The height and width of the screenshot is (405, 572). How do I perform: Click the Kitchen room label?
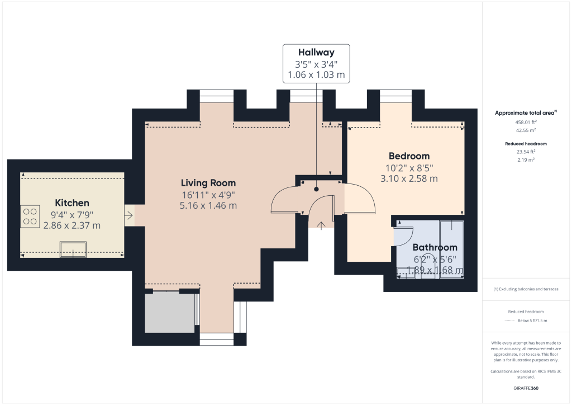point(72,202)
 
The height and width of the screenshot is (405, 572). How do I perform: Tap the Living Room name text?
point(208,183)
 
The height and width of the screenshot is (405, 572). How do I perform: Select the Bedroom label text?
point(409,156)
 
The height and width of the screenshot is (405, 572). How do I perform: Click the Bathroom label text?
point(435,247)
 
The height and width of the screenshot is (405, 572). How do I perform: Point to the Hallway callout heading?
point(316,53)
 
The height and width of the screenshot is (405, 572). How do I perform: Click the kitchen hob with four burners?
point(30,217)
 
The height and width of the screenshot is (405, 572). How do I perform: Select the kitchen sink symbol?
point(74,249)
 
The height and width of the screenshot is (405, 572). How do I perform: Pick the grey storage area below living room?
point(169,313)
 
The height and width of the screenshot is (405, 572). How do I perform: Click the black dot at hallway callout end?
point(316,189)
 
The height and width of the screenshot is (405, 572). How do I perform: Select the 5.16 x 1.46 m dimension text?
point(208,205)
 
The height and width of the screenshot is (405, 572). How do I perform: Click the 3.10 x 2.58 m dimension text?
point(409,179)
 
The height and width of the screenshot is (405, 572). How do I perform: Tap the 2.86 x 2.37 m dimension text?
point(72,225)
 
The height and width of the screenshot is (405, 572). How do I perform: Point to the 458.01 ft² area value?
point(526,122)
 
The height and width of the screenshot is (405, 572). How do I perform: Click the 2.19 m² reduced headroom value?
point(526,160)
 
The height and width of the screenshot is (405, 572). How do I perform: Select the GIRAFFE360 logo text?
point(526,388)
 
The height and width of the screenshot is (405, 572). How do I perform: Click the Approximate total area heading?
point(525,113)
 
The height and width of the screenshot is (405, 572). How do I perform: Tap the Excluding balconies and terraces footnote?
point(526,289)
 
